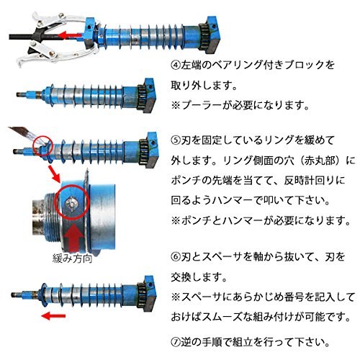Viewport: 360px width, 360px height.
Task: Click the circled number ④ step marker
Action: pyautogui.click(x=176, y=65)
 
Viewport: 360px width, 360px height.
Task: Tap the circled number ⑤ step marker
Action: pyautogui.click(x=176, y=140)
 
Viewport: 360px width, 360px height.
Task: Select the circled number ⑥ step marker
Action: pyautogui.click(x=176, y=257)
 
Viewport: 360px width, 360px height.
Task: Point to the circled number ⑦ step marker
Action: pyautogui.click(x=176, y=342)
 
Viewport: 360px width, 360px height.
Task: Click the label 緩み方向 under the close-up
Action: pyautogui.click(x=72, y=258)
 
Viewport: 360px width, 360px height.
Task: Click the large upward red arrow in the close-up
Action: pyautogui.click(x=74, y=237)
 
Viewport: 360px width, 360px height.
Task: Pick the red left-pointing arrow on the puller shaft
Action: pyautogui.click(x=71, y=35)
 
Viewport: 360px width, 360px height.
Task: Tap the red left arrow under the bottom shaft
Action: pyautogui.click(x=53, y=316)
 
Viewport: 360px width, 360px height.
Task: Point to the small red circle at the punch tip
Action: pyautogui.click(x=42, y=146)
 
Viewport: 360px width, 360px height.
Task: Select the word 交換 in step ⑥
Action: pyautogui.click(x=181, y=277)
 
